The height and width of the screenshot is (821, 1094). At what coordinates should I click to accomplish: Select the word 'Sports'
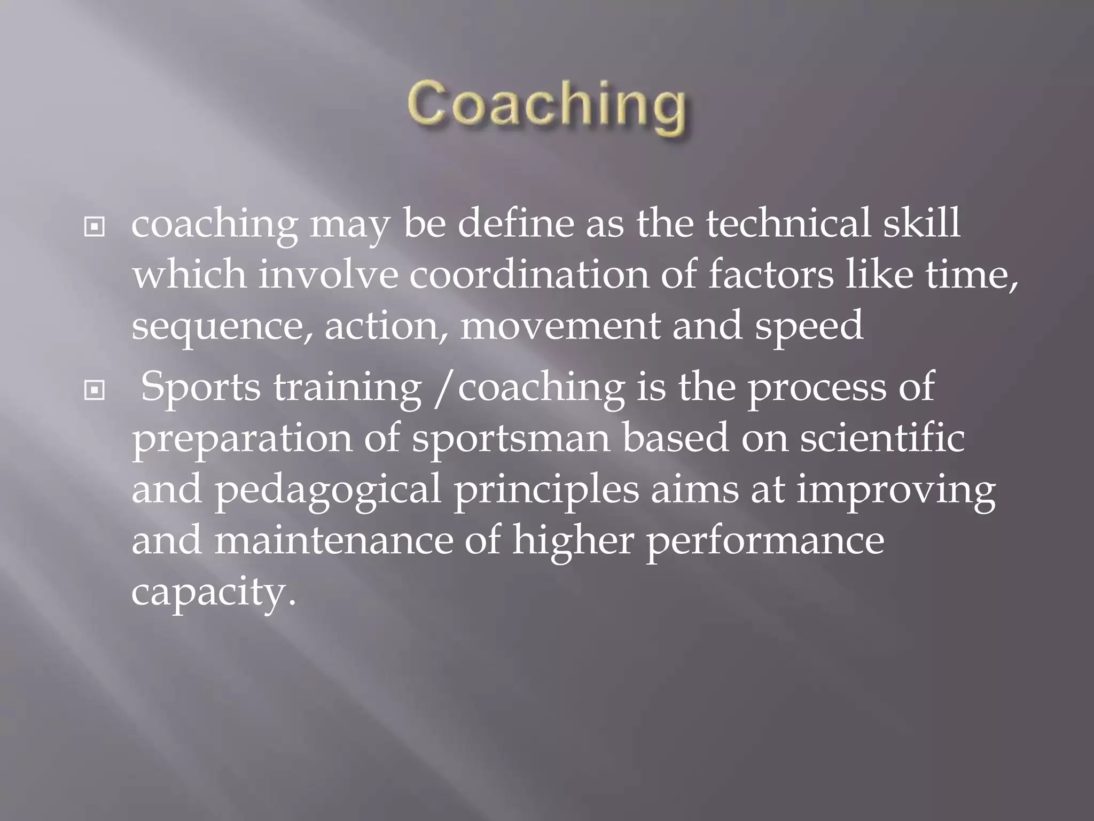coord(201,387)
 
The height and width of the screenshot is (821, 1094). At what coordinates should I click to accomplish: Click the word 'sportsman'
coord(511,438)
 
